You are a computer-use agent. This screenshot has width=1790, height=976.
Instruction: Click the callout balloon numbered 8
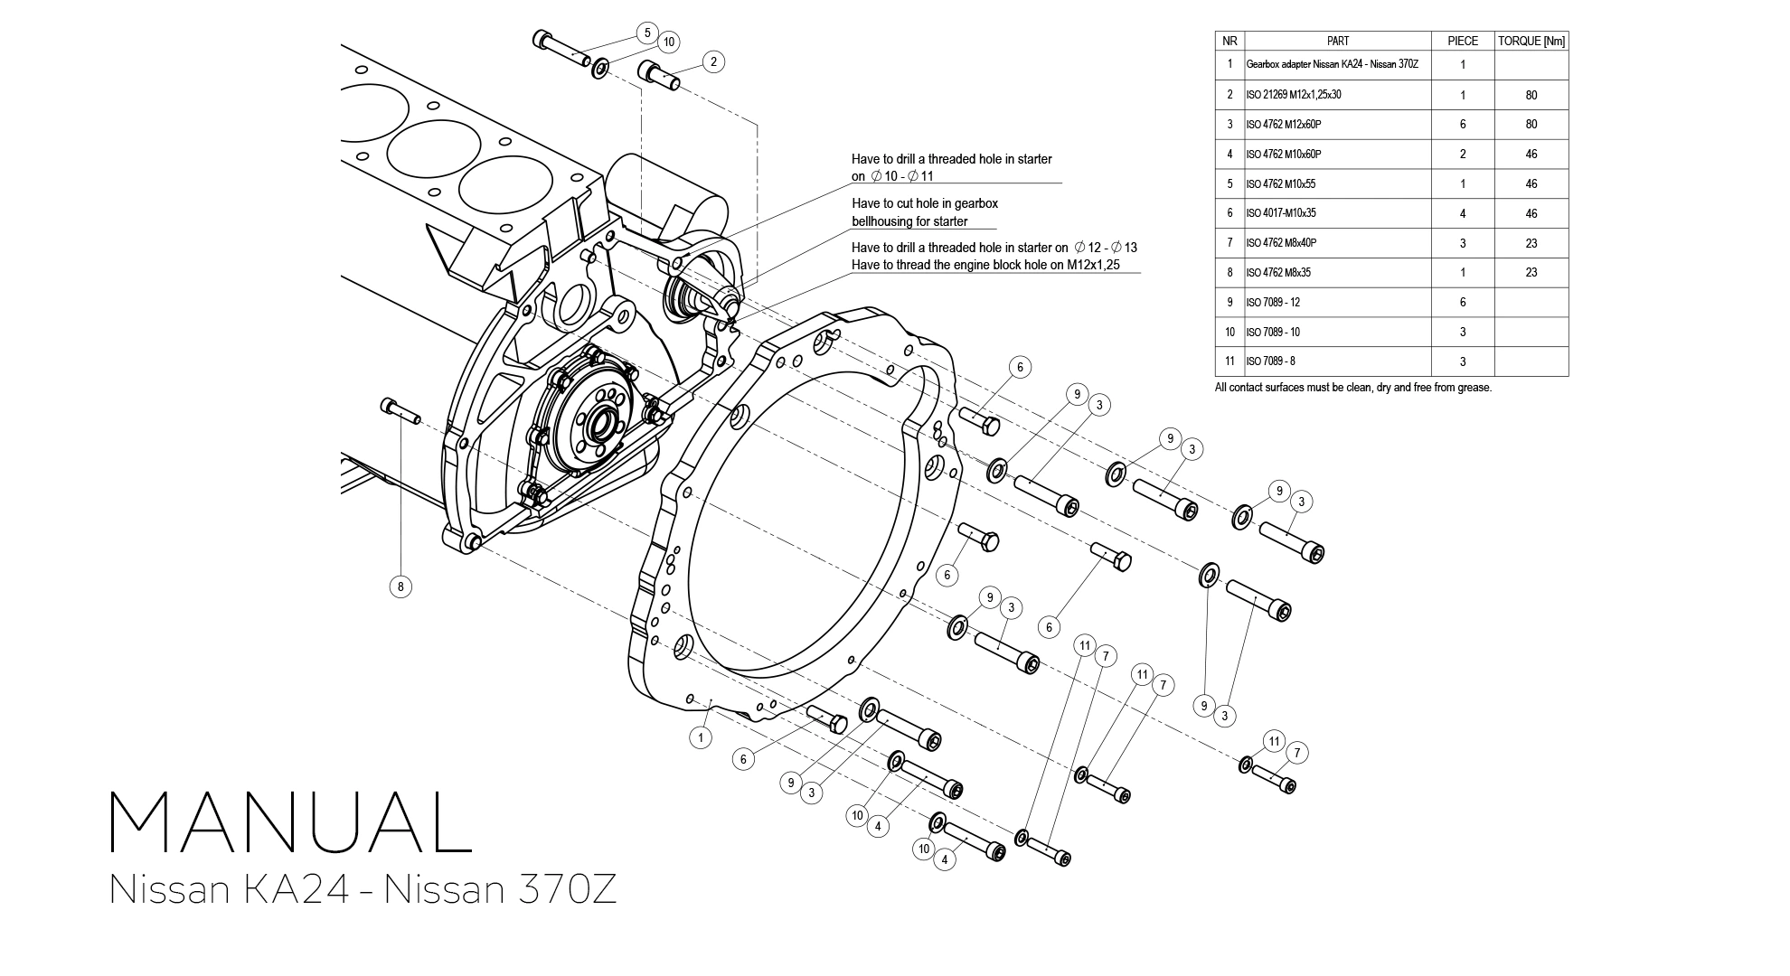(400, 587)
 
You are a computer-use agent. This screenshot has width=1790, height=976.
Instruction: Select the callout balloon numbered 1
(701, 737)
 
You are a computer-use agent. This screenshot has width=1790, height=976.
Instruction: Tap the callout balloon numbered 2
(713, 61)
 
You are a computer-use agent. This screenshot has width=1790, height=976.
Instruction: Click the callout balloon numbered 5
(646, 33)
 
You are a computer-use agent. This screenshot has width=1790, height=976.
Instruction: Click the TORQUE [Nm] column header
(1531, 41)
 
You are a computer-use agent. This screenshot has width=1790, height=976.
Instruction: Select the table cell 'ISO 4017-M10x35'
(1281, 213)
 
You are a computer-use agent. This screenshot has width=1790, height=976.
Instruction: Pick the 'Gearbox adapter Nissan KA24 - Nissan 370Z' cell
(1332, 64)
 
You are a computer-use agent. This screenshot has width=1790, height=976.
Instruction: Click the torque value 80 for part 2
(1531, 95)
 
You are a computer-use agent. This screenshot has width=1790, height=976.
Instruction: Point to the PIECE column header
(1462, 41)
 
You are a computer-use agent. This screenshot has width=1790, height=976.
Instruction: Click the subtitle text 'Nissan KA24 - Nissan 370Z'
(363, 889)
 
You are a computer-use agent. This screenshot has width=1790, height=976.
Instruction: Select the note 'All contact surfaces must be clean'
(1352, 388)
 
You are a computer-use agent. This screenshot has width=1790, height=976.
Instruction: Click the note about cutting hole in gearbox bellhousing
(924, 212)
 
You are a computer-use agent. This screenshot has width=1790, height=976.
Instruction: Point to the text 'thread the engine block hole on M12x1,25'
(985, 265)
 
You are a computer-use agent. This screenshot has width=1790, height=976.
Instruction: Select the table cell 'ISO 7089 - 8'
(1270, 361)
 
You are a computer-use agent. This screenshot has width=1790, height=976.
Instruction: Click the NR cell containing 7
(1229, 243)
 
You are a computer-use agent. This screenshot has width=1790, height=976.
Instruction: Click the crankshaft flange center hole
(600, 425)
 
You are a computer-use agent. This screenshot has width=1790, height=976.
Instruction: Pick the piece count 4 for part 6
(1462, 213)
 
